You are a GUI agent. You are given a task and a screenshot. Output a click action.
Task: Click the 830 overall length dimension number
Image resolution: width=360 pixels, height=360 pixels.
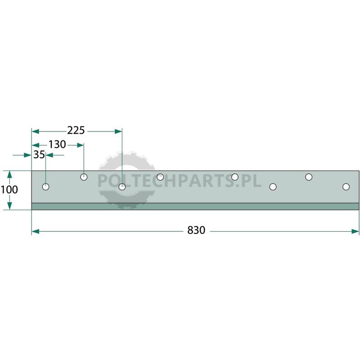click(x=196, y=230)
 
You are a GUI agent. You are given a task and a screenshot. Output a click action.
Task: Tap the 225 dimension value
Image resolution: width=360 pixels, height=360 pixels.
click(x=76, y=130)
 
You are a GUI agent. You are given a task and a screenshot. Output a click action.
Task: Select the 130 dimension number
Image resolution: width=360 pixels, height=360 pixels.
click(x=57, y=144)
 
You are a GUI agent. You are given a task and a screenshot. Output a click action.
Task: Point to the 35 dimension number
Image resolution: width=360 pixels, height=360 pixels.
click(x=39, y=155)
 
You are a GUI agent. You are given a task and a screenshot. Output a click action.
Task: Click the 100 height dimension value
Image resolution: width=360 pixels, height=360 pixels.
click(x=9, y=189)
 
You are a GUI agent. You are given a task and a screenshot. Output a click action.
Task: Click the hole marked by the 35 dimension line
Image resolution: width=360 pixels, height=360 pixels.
click(x=46, y=187)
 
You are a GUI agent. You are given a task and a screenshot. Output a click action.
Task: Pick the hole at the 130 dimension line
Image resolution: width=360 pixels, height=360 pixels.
click(x=84, y=177)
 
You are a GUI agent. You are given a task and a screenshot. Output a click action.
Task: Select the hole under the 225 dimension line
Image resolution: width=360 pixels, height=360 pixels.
click(x=122, y=187)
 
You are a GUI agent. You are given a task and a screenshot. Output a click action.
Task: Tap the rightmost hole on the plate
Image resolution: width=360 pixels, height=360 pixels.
click(x=346, y=187)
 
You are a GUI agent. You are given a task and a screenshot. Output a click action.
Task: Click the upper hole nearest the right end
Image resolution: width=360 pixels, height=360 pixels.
click(x=309, y=177)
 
